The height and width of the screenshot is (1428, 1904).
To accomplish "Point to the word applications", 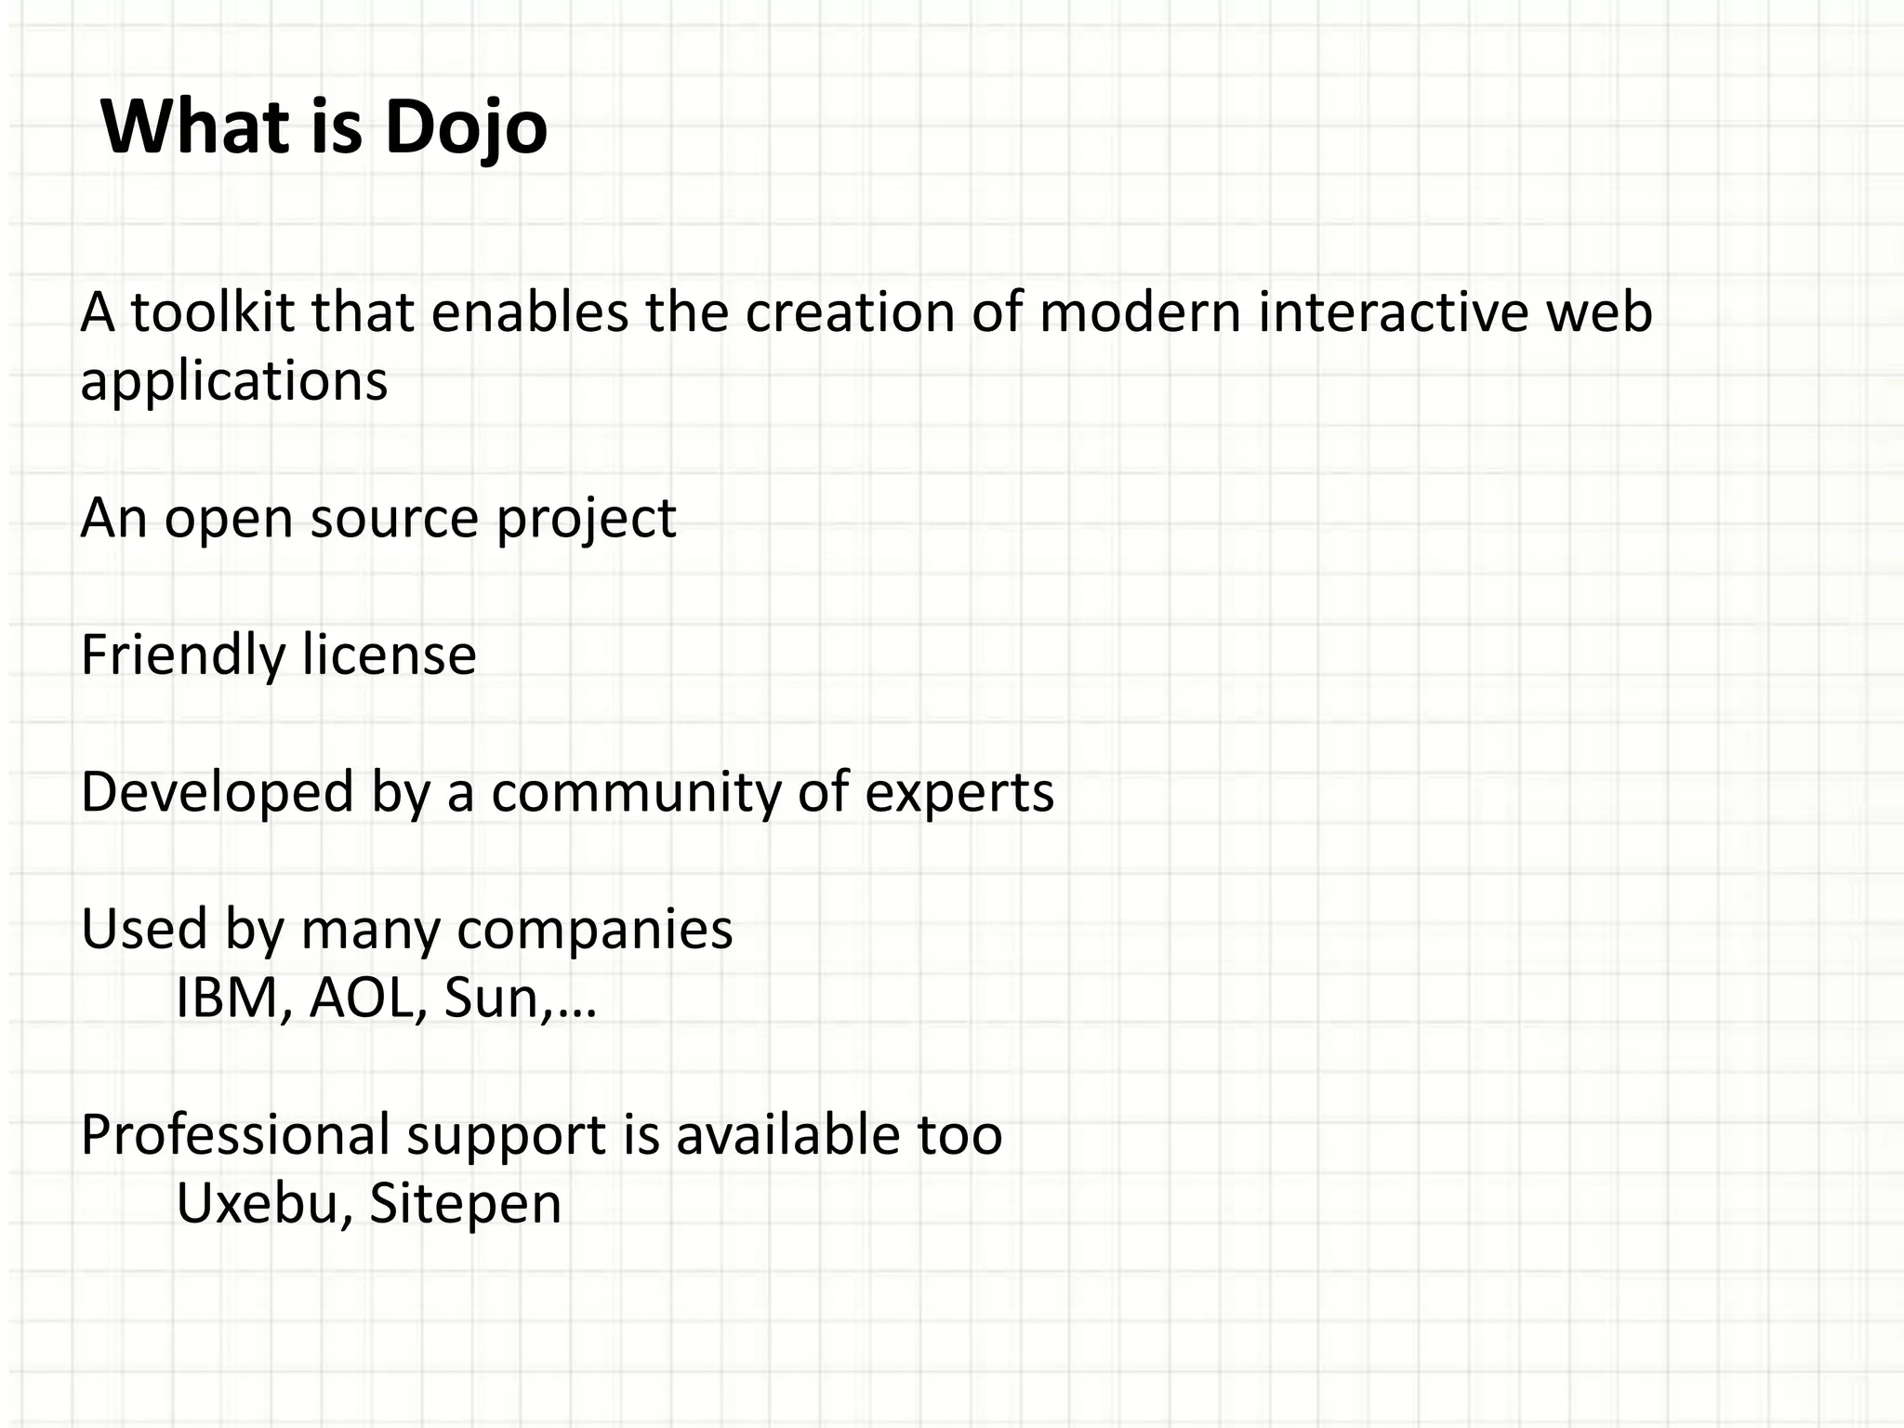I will [233, 382].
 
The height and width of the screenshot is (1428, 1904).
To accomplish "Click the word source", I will [394, 518].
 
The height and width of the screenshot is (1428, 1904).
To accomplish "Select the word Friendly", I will [183, 655].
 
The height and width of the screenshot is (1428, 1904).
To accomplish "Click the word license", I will [389, 654].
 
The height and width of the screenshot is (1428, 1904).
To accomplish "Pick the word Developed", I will [218, 793].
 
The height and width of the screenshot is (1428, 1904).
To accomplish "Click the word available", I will [788, 1135].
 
